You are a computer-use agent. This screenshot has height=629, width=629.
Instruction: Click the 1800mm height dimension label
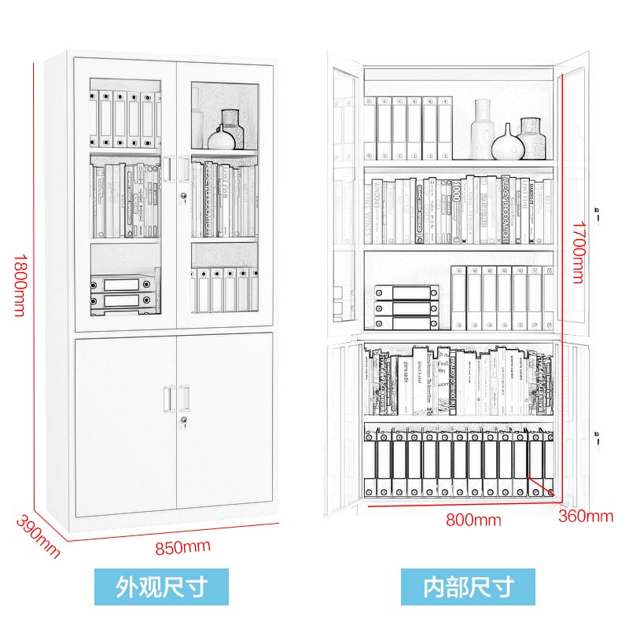[18, 285]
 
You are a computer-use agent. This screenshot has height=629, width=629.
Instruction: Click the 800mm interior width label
[473, 520]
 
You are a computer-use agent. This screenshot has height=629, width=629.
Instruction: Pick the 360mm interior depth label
[586, 517]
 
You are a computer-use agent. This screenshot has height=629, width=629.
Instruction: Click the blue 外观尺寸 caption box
[161, 586]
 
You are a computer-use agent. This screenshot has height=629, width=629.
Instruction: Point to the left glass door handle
[168, 167]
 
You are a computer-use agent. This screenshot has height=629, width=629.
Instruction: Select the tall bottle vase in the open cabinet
[483, 127]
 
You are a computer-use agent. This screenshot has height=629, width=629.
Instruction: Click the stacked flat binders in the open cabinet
[406, 307]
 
